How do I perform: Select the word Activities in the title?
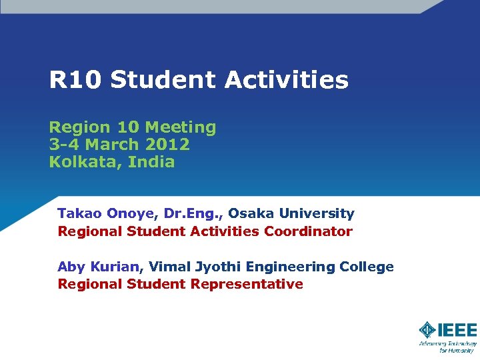pyautogui.click(x=286, y=81)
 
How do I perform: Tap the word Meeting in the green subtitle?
pyautogui.click(x=181, y=127)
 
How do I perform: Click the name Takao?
pyautogui.click(x=78, y=213)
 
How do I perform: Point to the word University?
pyautogui.click(x=317, y=214)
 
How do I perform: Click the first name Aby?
pyautogui.click(x=71, y=267)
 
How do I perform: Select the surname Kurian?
pyautogui.click(x=116, y=267)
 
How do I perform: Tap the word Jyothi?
pyautogui.click(x=217, y=267)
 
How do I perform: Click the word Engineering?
pyautogui.click(x=291, y=267)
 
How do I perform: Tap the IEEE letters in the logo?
pyautogui.click(x=457, y=329)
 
